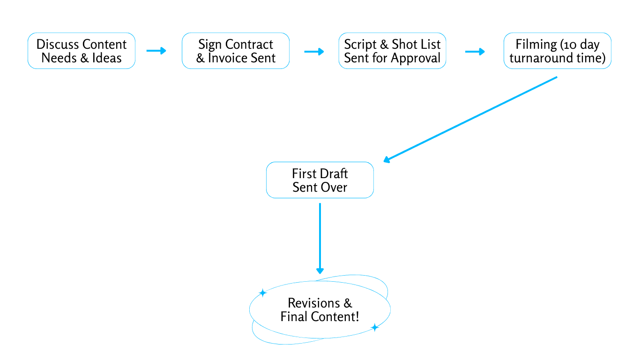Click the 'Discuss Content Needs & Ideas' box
(x=82, y=51)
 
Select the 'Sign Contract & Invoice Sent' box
(x=236, y=51)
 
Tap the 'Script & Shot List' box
(x=392, y=51)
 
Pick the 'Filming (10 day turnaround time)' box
(x=557, y=51)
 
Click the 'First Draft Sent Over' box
(x=320, y=180)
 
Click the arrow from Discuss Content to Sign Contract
(x=156, y=51)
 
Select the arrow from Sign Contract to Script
(x=314, y=51)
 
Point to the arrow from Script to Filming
(x=475, y=51)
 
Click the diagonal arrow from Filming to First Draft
(x=470, y=120)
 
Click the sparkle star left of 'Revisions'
(x=263, y=293)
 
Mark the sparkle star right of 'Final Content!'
(x=374, y=327)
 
